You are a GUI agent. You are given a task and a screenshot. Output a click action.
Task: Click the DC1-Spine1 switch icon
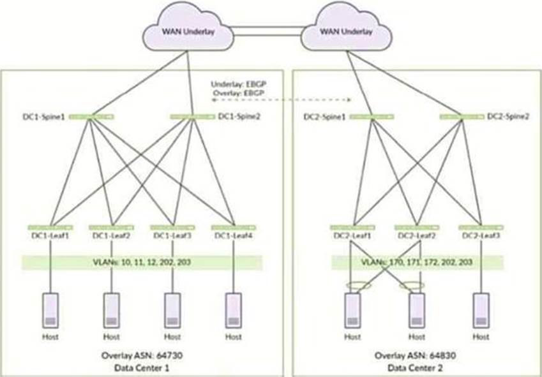point(91,117)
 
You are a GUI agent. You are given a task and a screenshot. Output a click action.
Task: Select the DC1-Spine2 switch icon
point(192,117)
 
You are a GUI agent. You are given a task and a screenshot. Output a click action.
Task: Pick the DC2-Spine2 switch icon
point(460,117)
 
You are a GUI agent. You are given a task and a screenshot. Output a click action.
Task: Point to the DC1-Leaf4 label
point(234,237)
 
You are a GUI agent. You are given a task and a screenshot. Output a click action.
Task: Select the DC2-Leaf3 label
point(479,237)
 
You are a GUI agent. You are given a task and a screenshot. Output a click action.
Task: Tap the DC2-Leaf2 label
point(416,237)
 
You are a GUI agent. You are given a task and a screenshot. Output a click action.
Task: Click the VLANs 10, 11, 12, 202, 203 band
point(142,263)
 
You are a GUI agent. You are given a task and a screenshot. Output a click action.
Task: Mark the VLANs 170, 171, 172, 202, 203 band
point(416,263)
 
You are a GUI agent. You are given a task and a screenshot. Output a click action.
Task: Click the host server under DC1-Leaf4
point(234,309)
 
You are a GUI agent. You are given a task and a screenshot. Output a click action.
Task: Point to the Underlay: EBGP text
point(234,85)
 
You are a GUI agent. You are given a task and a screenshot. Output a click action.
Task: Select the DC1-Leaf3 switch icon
point(170,227)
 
